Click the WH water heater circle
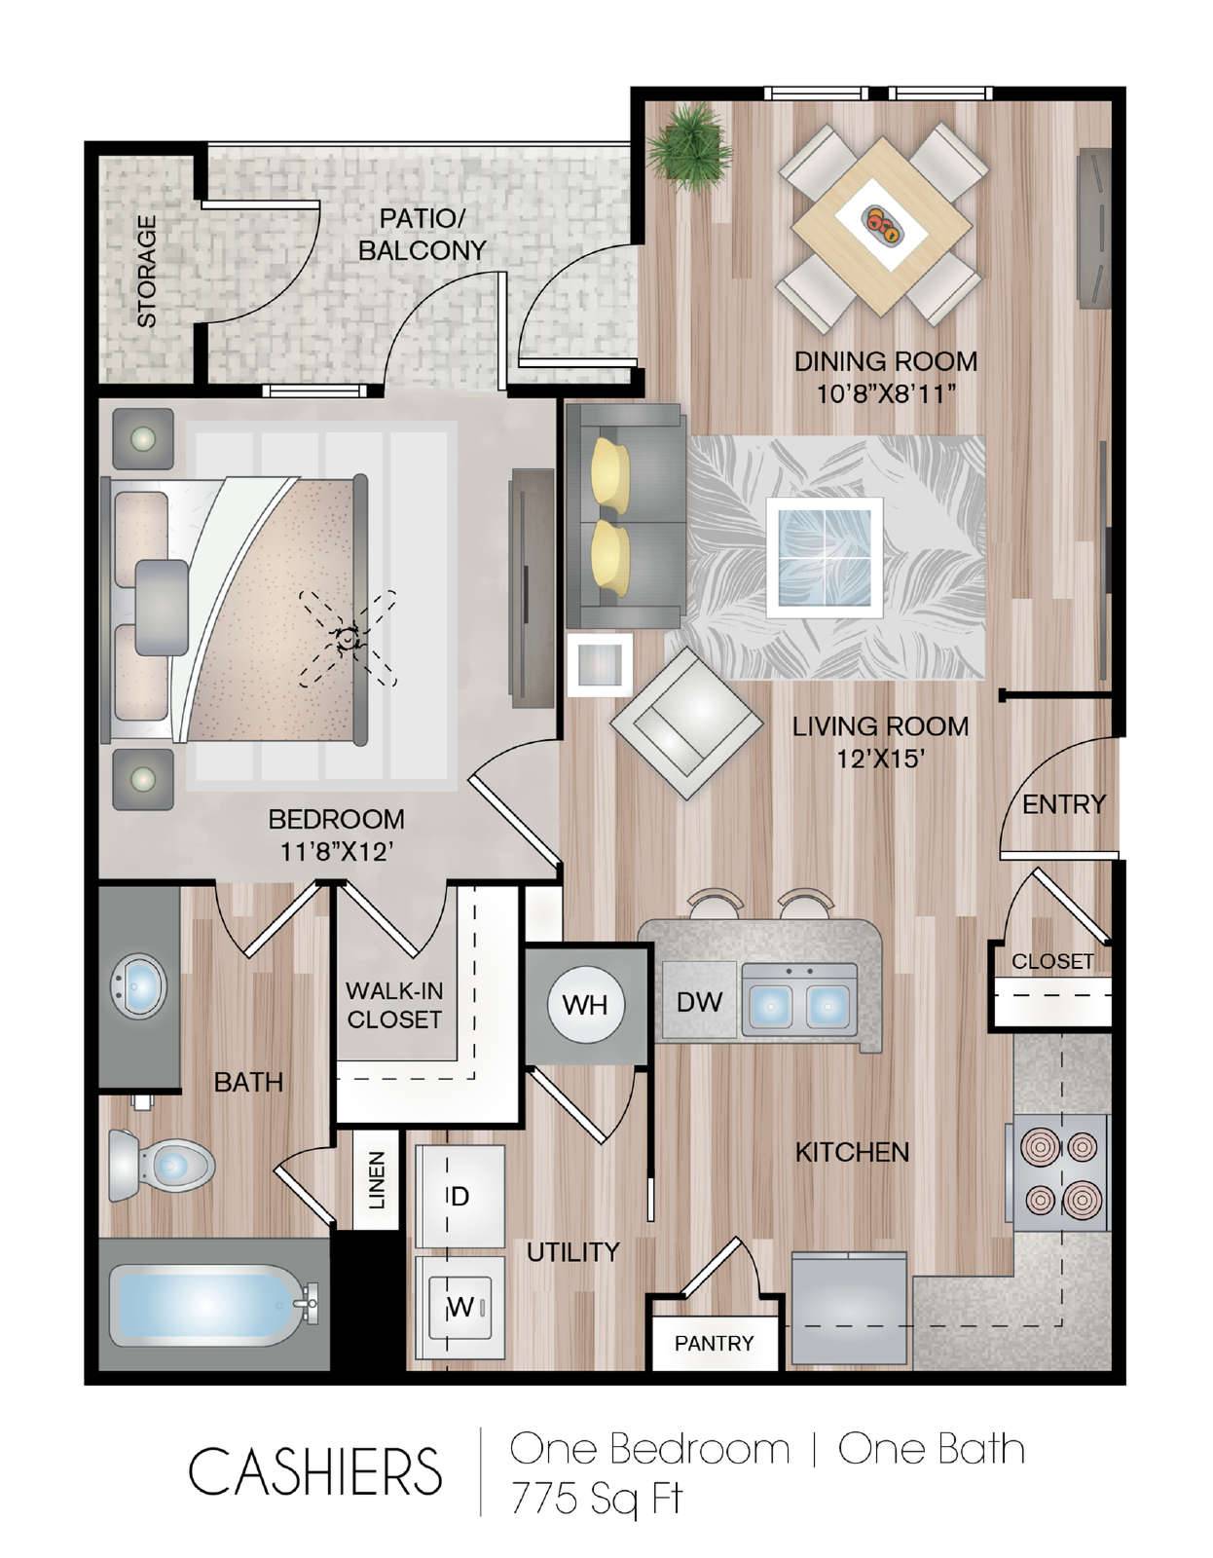coord(585,1005)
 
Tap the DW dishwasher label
coord(699,1002)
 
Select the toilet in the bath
coord(162,1165)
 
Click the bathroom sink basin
coord(140,986)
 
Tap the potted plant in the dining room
coord(690,148)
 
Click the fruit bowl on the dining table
coord(881,224)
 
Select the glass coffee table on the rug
coord(824,557)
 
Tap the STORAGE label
coord(147,272)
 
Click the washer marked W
coord(460,1307)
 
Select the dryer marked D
coord(460,1197)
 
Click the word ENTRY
coord(1063,804)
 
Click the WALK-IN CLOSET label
coord(394,1005)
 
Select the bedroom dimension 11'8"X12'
coord(336,852)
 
